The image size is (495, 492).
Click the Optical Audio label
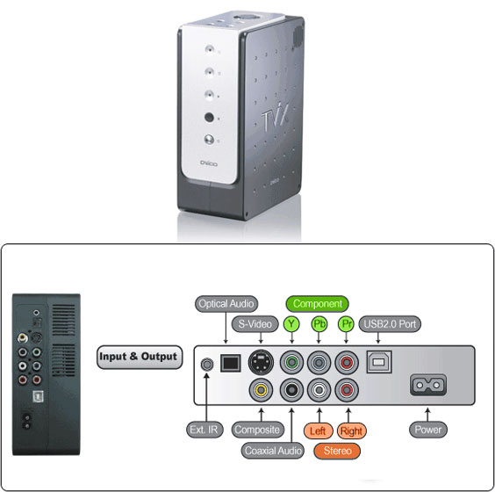pyautogui.click(x=226, y=304)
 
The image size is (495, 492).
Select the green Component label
pyautogui.click(x=317, y=304)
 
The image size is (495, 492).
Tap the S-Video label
pyautogui.click(x=255, y=324)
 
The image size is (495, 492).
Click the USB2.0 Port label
pyautogui.click(x=390, y=324)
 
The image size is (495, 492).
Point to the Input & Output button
pyautogui.click(x=140, y=357)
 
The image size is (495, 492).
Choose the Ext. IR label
pyautogui.click(x=204, y=430)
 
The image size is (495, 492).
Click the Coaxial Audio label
pyautogui.click(x=273, y=451)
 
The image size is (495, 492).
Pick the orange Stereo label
pyautogui.click(x=337, y=451)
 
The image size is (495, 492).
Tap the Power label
pyautogui.click(x=427, y=430)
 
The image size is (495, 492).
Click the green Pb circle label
pyautogui.click(x=319, y=324)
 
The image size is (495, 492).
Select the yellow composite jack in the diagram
pyautogui.click(x=261, y=390)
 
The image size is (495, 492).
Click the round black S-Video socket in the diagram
pyautogui.click(x=261, y=362)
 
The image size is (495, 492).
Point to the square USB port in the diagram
pyautogui.click(x=379, y=362)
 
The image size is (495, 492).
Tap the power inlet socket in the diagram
pyautogui.click(x=428, y=385)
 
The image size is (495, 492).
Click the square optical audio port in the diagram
pyautogui.click(x=230, y=363)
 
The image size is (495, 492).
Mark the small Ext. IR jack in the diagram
pyautogui.click(x=207, y=365)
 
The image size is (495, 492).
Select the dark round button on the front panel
pyautogui.click(x=209, y=117)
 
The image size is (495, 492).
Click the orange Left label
pyautogui.click(x=318, y=430)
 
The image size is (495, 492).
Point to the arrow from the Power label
pyautogui.click(x=427, y=415)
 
